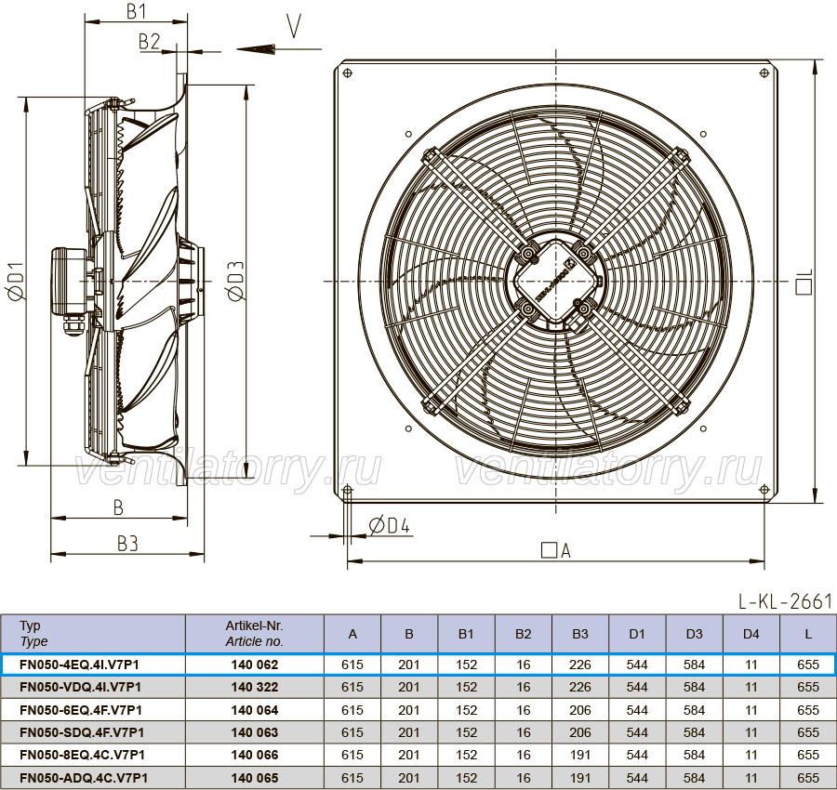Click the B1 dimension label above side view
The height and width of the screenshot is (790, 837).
tap(136, 10)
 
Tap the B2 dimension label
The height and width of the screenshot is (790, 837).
tap(149, 41)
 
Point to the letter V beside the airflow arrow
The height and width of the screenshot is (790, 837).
tap(294, 26)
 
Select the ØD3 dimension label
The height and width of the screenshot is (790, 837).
tap(235, 281)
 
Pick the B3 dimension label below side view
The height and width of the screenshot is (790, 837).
tap(127, 544)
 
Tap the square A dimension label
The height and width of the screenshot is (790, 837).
tap(556, 550)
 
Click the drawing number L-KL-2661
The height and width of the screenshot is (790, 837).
tap(785, 601)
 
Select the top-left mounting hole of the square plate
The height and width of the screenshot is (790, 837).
tap(347, 72)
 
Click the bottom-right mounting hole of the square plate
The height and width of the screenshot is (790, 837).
tap(764, 489)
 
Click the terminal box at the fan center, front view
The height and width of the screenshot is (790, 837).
tap(556, 281)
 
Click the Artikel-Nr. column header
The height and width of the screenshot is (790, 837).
tap(254, 634)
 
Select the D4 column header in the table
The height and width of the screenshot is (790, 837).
tap(751, 634)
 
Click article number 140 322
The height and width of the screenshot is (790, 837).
tap(255, 687)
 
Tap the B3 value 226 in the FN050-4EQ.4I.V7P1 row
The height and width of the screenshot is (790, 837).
tap(579, 665)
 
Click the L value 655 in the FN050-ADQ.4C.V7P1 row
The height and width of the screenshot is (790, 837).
tap(807, 778)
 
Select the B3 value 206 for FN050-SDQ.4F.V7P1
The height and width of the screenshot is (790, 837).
tap(579, 732)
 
